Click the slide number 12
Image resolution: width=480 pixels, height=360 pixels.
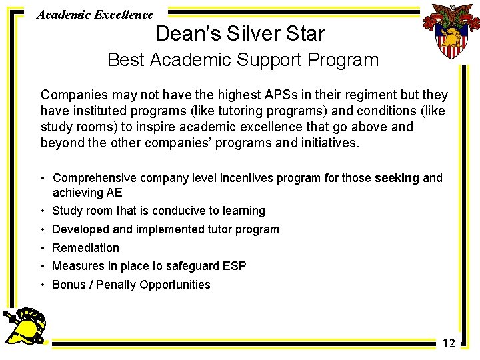coord(449,343)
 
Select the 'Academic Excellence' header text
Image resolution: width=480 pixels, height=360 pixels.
coord(95,14)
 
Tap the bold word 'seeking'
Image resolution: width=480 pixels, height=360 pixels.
coord(397,178)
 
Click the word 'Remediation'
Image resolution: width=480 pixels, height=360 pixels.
coord(85,248)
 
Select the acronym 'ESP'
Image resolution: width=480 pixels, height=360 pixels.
coord(234,266)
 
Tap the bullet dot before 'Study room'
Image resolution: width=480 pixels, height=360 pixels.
coord(43,211)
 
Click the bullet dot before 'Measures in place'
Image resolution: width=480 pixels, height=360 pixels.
coord(43,267)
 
